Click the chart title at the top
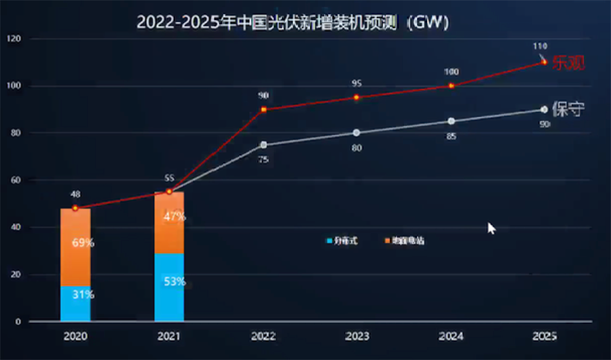293,22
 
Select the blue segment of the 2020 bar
75,304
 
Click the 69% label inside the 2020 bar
84,242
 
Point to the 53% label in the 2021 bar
174,281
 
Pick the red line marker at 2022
263,109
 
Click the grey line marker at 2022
263,145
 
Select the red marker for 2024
451,86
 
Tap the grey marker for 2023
357,132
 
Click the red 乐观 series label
568,63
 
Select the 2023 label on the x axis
357,336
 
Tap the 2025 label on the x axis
544,336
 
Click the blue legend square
329,240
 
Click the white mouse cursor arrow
492,228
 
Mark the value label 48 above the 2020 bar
75,194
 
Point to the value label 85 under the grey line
451,137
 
